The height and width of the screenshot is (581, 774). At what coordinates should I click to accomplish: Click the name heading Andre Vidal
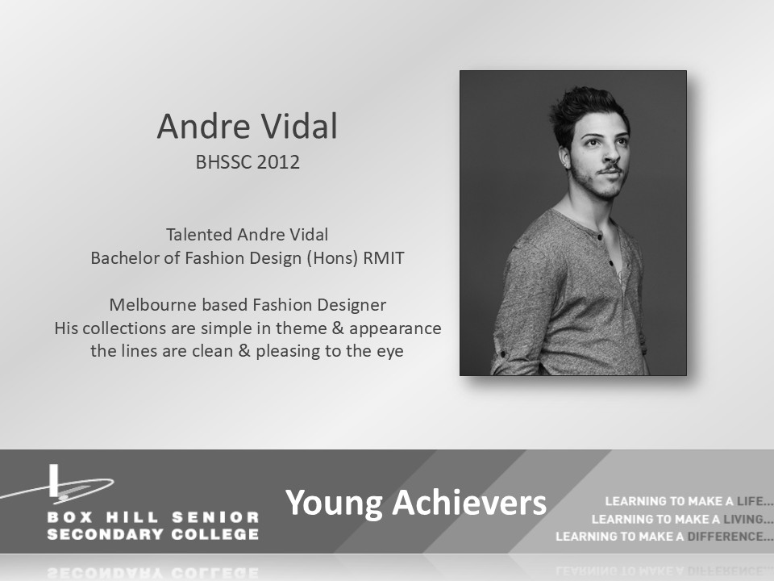[248, 126]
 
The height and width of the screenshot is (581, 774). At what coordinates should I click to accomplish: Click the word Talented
[199, 235]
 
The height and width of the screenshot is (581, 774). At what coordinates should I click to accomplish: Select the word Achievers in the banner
[469, 503]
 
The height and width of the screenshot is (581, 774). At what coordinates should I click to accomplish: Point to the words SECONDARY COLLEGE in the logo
[153, 534]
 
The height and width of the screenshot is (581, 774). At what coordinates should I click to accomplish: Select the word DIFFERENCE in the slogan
[726, 537]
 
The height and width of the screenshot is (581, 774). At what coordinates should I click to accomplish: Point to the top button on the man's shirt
[600, 236]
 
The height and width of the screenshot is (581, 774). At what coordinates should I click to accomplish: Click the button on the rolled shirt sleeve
[502, 354]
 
